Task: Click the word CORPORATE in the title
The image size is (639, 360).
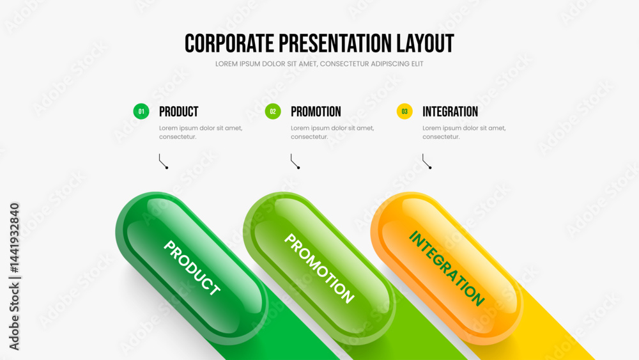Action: pyautogui.click(x=229, y=43)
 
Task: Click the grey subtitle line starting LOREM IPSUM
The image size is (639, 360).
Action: pyautogui.click(x=319, y=64)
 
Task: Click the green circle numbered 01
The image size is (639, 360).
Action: pyautogui.click(x=141, y=111)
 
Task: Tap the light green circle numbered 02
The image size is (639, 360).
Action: pyautogui.click(x=273, y=111)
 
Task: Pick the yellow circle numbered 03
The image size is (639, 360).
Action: pyautogui.click(x=404, y=111)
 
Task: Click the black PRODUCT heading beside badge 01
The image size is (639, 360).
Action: pyautogui.click(x=178, y=112)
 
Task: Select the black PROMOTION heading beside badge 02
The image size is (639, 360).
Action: pyautogui.click(x=316, y=112)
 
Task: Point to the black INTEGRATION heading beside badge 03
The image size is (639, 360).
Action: pyautogui.click(x=450, y=112)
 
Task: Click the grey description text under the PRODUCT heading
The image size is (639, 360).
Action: pyautogui.click(x=201, y=132)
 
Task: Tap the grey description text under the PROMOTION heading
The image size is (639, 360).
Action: pyautogui.click(x=332, y=132)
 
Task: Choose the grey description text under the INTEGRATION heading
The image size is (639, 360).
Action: pyautogui.click(x=464, y=132)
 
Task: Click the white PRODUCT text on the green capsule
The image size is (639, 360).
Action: pyautogui.click(x=192, y=267)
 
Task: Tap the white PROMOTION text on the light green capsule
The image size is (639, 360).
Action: pyautogui.click(x=319, y=269)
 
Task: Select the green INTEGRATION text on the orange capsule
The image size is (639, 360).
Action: pyautogui.click(x=447, y=269)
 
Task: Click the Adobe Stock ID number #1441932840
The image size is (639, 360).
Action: pyautogui.click(x=14, y=238)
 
